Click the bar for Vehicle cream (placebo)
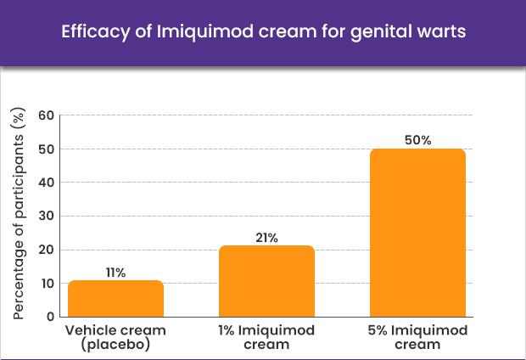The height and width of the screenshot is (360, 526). [115, 298]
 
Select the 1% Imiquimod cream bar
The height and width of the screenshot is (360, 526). [266, 281]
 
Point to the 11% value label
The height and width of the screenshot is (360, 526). [115, 273]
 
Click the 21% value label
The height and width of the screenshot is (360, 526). [266, 238]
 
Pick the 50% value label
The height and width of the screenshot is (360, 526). [417, 140]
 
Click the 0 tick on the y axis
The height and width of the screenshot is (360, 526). [49, 317]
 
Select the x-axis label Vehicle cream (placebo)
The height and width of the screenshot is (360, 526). [115, 336]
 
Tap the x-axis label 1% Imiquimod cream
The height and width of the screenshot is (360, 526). [266, 336]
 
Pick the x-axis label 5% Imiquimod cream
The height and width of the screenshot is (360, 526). [417, 336]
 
